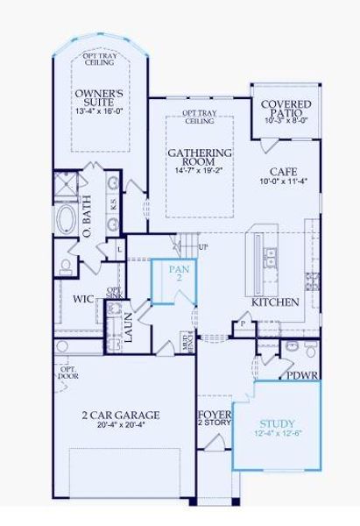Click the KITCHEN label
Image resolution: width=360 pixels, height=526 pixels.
pos(276,302)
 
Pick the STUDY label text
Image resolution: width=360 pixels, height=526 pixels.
pos(276,423)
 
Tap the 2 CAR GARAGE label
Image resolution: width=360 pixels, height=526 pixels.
pos(121,415)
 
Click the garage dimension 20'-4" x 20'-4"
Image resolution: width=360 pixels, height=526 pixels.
pos(121,426)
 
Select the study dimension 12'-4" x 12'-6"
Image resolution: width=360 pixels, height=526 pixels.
pos(276,434)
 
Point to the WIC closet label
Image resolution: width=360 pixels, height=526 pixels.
pos(83,299)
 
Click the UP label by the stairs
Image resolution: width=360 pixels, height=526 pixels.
pos(204,246)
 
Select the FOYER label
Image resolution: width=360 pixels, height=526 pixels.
pos(214,414)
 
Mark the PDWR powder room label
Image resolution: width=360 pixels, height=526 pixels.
pos(302,374)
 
